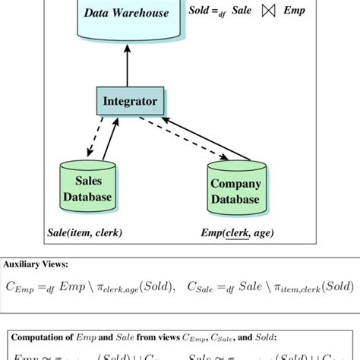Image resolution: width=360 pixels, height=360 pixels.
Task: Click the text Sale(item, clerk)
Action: point(84,232)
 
